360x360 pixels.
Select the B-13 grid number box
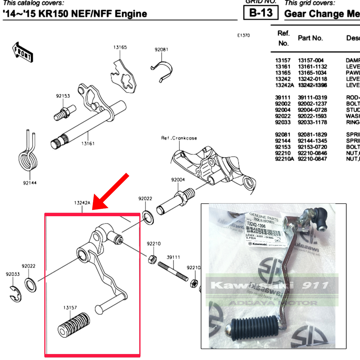[261, 13]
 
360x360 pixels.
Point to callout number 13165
[120, 47]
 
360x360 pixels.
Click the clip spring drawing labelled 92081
[163, 70]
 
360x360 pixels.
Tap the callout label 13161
[88, 143]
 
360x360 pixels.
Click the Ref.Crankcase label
[179, 138]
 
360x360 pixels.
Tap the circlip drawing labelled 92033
[15, 293]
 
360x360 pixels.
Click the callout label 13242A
[82, 203]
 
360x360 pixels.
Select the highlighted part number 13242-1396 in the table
[312, 85]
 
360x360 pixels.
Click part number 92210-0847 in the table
[312, 159]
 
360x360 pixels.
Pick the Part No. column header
[310, 38]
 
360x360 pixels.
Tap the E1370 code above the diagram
[243, 36]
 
